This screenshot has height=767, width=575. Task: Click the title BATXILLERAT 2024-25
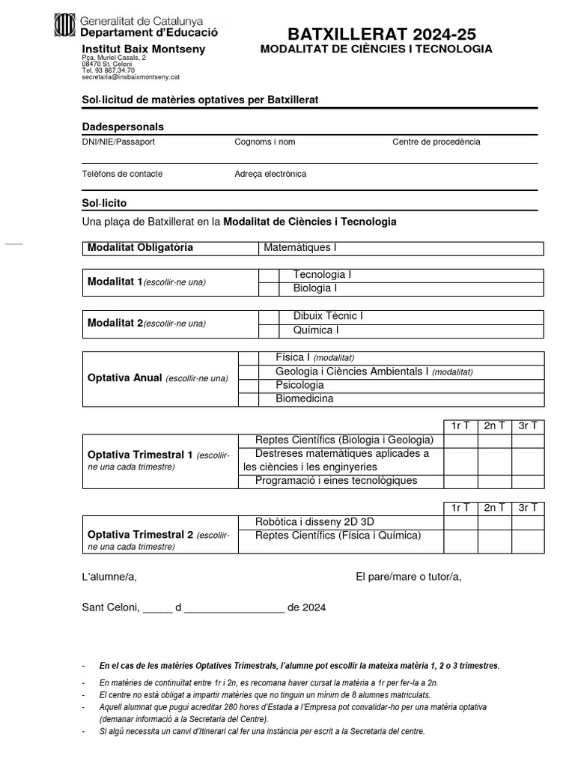point(382,34)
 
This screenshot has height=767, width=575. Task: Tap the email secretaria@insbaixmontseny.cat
point(130,77)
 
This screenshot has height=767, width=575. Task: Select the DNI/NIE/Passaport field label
point(118,142)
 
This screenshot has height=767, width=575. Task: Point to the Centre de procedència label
point(436,142)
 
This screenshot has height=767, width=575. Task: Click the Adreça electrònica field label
point(270,174)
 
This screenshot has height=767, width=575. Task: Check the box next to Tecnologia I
point(268,276)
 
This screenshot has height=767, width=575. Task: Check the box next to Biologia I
point(268,288)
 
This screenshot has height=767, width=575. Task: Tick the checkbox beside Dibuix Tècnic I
point(268,317)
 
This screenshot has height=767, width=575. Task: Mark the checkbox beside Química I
point(268,330)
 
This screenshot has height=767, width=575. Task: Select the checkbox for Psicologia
point(248,385)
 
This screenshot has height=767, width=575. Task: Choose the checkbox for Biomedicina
point(248,398)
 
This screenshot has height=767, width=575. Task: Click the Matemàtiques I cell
point(401,248)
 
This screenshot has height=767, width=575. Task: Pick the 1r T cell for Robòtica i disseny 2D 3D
point(460,522)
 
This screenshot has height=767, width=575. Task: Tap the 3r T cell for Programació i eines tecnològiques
point(528,481)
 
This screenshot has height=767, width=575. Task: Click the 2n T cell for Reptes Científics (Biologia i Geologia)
point(494,440)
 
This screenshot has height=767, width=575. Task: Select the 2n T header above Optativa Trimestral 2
point(494,508)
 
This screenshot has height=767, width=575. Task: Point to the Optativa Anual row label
point(158,378)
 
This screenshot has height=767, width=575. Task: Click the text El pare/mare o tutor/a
point(409,576)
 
